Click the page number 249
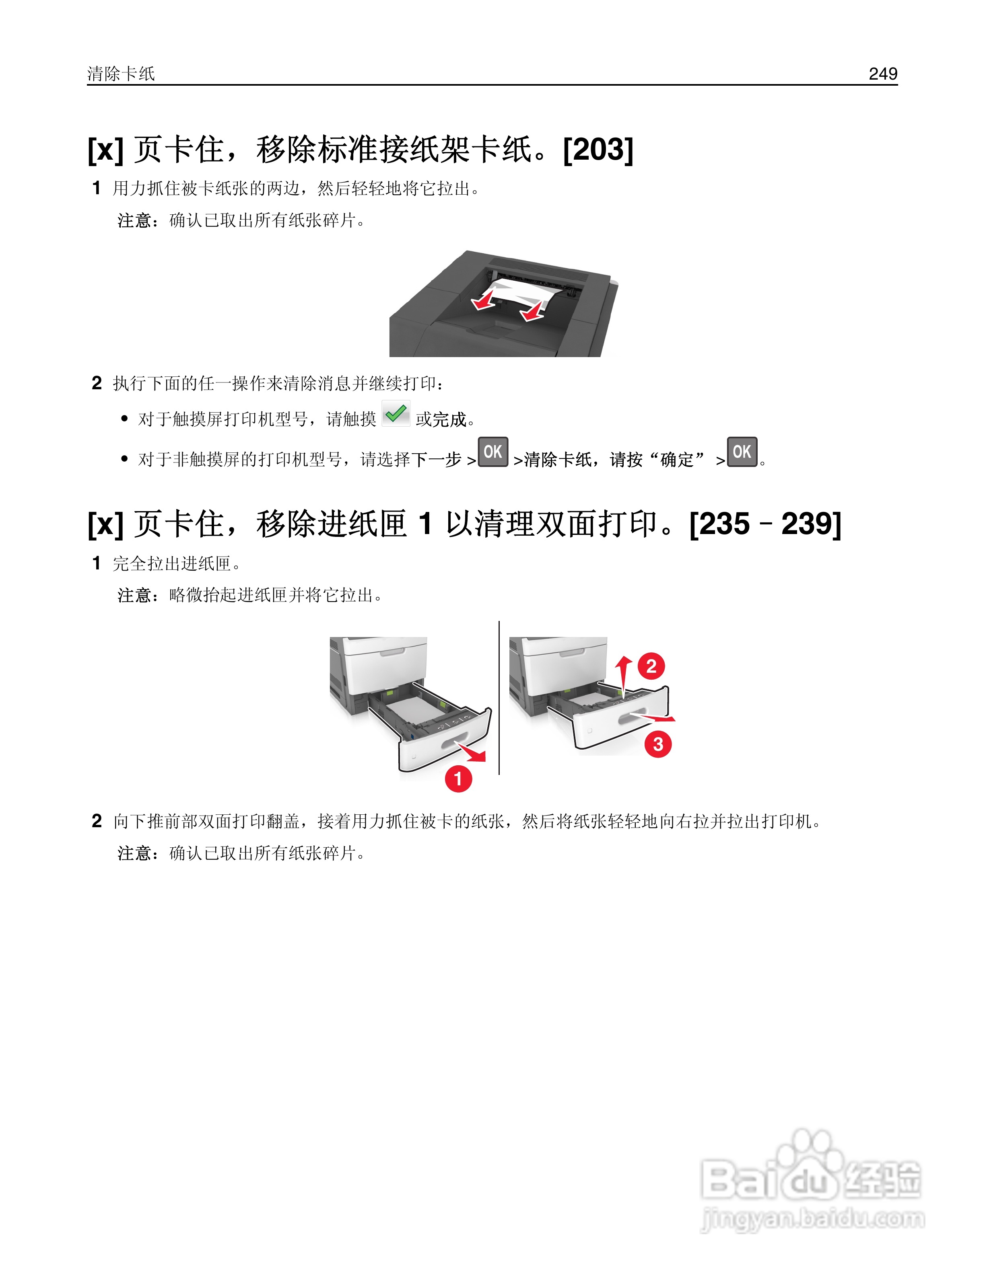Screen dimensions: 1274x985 coord(882,74)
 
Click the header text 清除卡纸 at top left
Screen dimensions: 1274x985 coord(121,74)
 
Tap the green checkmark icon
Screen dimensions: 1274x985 coord(396,413)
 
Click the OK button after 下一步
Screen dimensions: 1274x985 coord(493,452)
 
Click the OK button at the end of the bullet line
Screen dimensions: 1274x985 coord(742,452)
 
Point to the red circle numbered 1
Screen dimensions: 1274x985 coord(458,779)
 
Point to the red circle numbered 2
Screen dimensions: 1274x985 coord(651,666)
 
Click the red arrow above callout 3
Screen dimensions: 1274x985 coord(653,716)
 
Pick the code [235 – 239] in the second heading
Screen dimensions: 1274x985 coord(765,524)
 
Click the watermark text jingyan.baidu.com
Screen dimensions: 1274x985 coord(812,1219)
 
